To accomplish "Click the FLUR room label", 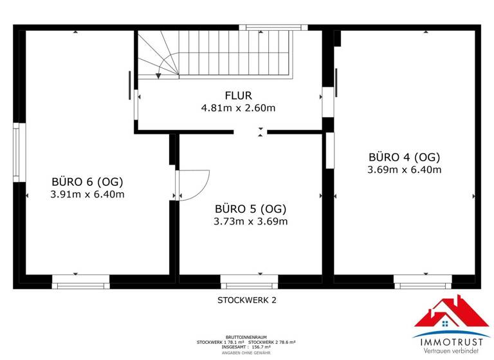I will [x=238, y=95].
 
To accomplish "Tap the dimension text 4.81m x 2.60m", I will [x=238, y=108].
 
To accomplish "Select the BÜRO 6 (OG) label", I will [x=87, y=181].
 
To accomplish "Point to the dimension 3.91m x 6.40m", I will [x=87, y=194].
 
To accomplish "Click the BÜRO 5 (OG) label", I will [x=250, y=208].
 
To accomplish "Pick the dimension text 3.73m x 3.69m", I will [x=250, y=221].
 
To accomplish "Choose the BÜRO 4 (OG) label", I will [x=404, y=157].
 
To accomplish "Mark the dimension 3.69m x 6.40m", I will [x=404, y=170].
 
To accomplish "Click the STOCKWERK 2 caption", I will [x=247, y=300].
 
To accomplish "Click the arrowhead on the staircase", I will [x=158, y=75].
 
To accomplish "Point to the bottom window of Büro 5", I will [x=249, y=280].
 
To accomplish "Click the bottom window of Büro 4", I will [x=422, y=280].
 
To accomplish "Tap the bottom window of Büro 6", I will [x=80, y=280].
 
